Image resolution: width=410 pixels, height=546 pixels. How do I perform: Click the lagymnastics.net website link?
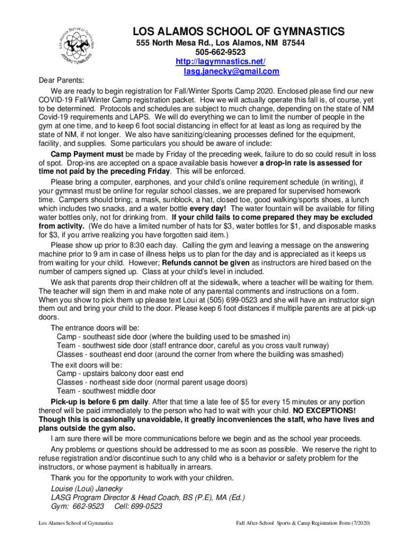(220, 62)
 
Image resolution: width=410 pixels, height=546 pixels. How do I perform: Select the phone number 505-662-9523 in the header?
(220, 52)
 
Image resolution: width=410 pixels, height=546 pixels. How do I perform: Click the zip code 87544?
(294, 43)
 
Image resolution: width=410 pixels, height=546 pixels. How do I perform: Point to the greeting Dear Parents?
(60, 81)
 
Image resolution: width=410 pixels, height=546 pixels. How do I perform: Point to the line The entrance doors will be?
(94, 327)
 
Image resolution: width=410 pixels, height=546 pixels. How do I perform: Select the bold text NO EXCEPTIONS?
(324, 411)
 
